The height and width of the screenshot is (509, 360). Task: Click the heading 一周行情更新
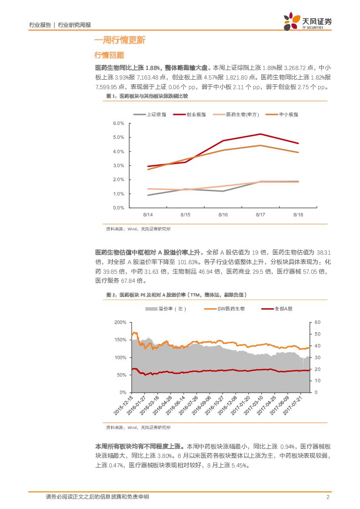coord(120,40)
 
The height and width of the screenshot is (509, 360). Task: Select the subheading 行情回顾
coord(109,55)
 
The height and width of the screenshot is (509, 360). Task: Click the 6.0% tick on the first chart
coord(118,123)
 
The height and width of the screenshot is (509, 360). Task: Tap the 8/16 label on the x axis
coord(223,215)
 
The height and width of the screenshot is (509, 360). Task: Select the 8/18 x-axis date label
coord(298,215)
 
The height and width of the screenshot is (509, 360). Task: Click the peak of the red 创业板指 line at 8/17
coord(260,134)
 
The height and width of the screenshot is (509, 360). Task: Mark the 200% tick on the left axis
coord(120,322)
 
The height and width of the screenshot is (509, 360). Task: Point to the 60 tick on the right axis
coord(317,322)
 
